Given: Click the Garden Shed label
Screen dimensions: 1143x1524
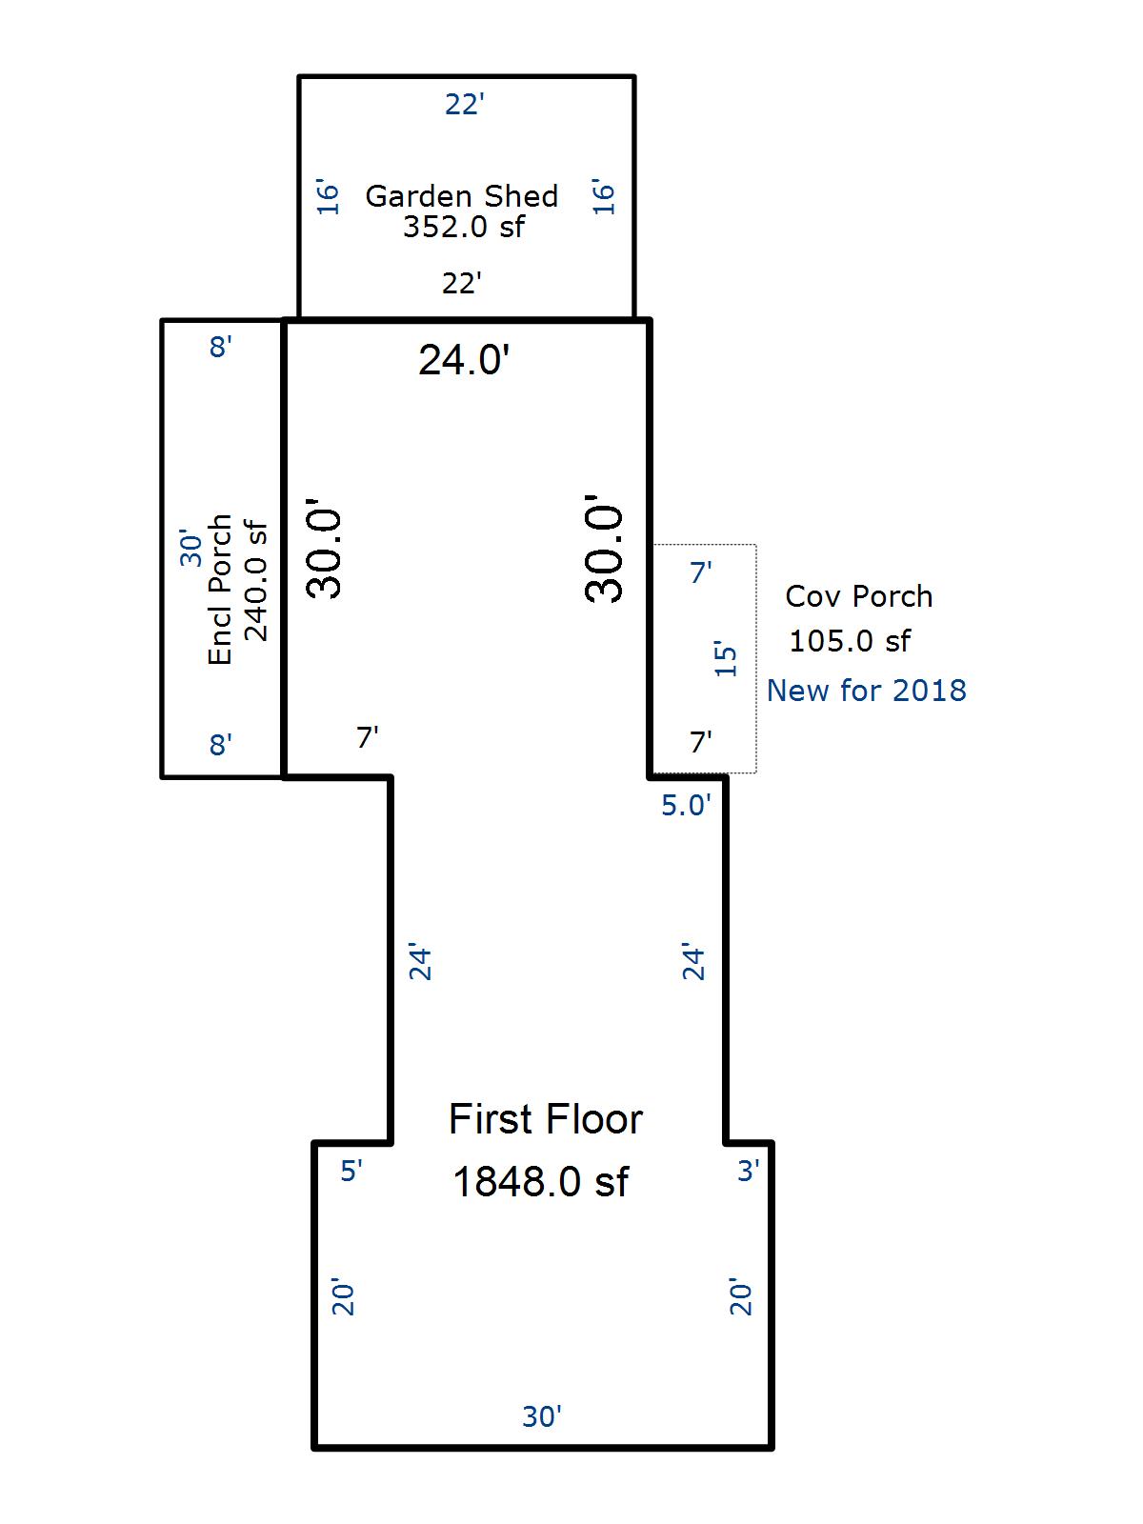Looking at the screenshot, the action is pos(462,196).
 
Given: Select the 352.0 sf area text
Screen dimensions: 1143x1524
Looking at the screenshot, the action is pos(464,227).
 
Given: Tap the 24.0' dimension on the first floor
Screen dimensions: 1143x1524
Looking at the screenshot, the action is pos(464,360).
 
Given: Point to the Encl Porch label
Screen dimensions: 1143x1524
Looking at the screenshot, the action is pos(219,590).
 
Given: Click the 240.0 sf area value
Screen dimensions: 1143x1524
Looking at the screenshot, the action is pos(255,580).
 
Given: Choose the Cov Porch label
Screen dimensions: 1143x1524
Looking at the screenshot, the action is pos(858,596).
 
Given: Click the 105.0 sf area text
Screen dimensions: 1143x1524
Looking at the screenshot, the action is pos(850,641).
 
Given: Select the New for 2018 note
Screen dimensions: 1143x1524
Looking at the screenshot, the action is pos(866,691).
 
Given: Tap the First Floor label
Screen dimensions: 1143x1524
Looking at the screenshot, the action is pos(546,1119).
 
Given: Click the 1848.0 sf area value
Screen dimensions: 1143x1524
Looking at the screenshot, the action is pos(541,1182).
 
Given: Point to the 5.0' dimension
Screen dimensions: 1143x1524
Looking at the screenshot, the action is pos(686,806).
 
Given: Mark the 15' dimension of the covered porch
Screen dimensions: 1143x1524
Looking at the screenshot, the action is pos(725,658).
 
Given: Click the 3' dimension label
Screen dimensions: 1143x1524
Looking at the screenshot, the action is pos(748,1171).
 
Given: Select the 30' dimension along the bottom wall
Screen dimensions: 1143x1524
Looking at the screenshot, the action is pos(541,1417).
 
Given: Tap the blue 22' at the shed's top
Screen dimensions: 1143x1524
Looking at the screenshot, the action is pos(464,105).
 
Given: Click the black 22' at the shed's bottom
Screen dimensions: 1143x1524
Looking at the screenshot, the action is pos(462,283).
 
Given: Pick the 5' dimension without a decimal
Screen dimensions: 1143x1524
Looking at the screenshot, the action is pos(351,1171).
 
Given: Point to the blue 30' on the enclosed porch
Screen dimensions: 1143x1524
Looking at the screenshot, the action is pos(190,548).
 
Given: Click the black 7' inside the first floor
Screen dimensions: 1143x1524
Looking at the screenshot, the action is pos(367,736).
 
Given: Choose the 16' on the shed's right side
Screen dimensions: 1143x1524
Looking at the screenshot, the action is pos(603,197).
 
